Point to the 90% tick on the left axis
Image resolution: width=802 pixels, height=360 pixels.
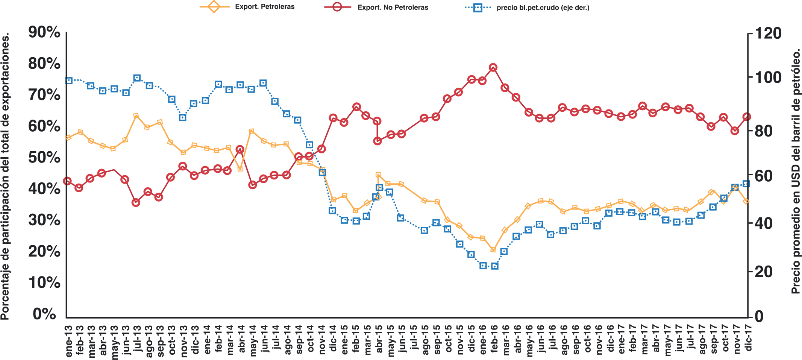tap(44, 32)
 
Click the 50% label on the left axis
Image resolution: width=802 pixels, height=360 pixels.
tap(44, 158)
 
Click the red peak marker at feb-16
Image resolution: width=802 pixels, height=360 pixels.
tap(493, 68)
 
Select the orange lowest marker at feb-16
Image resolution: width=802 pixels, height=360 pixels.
tap(493, 250)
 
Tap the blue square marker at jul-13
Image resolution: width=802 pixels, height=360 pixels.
tap(137, 78)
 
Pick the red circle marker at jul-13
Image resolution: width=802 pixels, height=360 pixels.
tap(136, 202)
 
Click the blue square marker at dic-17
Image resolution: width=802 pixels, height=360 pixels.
tap(747, 184)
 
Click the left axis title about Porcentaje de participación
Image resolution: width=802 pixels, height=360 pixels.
tap(5, 177)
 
